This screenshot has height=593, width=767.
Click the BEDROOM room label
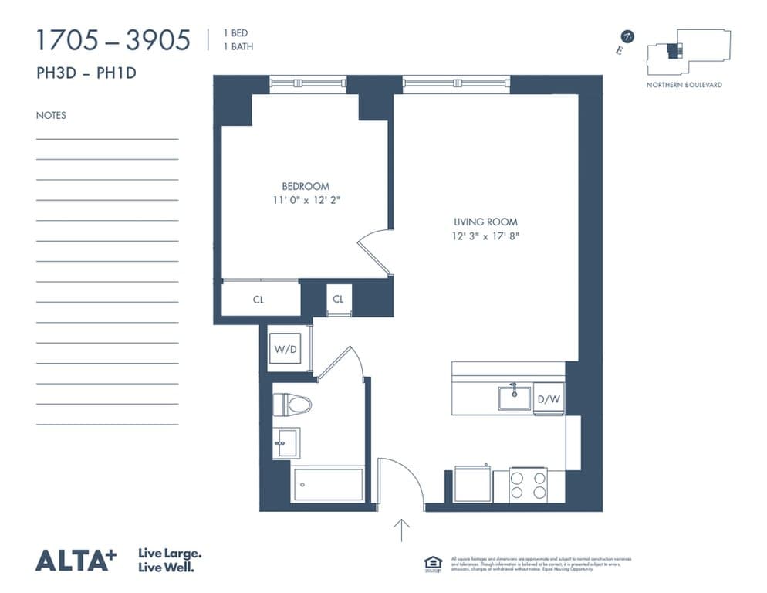tap(305, 186)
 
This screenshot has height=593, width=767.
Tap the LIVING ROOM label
tap(485, 222)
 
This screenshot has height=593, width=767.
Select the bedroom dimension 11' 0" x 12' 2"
tap(305, 200)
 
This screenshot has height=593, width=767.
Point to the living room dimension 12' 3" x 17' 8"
tap(485, 236)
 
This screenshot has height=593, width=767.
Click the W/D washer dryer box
tap(286, 348)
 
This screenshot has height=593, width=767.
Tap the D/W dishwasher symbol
tap(548, 399)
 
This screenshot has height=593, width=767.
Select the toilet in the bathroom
tap(292, 404)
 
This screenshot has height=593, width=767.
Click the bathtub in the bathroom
tap(328, 484)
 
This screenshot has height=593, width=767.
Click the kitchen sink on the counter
tap(514, 398)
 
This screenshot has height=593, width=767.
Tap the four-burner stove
tap(528, 485)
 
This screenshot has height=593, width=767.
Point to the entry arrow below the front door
tap(401, 530)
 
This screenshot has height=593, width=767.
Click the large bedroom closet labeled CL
tap(258, 300)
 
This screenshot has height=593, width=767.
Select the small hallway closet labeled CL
tap(339, 299)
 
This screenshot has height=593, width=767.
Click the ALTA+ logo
tap(76, 560)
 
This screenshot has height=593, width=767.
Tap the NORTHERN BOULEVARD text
tap(684, 85)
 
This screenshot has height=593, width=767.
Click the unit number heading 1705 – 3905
tap(113, 40)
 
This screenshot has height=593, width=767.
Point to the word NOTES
tap(51, 116)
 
